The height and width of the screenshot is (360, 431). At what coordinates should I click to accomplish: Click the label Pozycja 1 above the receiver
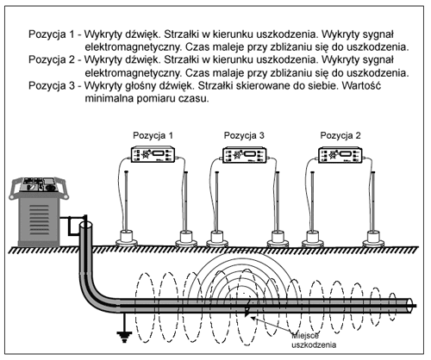(153, 135)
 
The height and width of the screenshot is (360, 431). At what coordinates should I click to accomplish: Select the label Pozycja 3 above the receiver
(244, 135)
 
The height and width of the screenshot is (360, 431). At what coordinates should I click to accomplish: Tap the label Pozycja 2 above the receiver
(340, 135)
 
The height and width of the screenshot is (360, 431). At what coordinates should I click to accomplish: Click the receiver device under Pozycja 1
(153, 154)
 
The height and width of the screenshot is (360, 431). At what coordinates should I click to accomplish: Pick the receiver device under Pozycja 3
(245, 154)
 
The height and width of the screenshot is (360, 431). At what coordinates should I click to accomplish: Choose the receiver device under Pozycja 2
(340, 154)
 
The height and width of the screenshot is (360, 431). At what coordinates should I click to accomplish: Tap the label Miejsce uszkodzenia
(314, 340)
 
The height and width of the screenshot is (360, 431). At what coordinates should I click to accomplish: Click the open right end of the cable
(409, 306)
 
